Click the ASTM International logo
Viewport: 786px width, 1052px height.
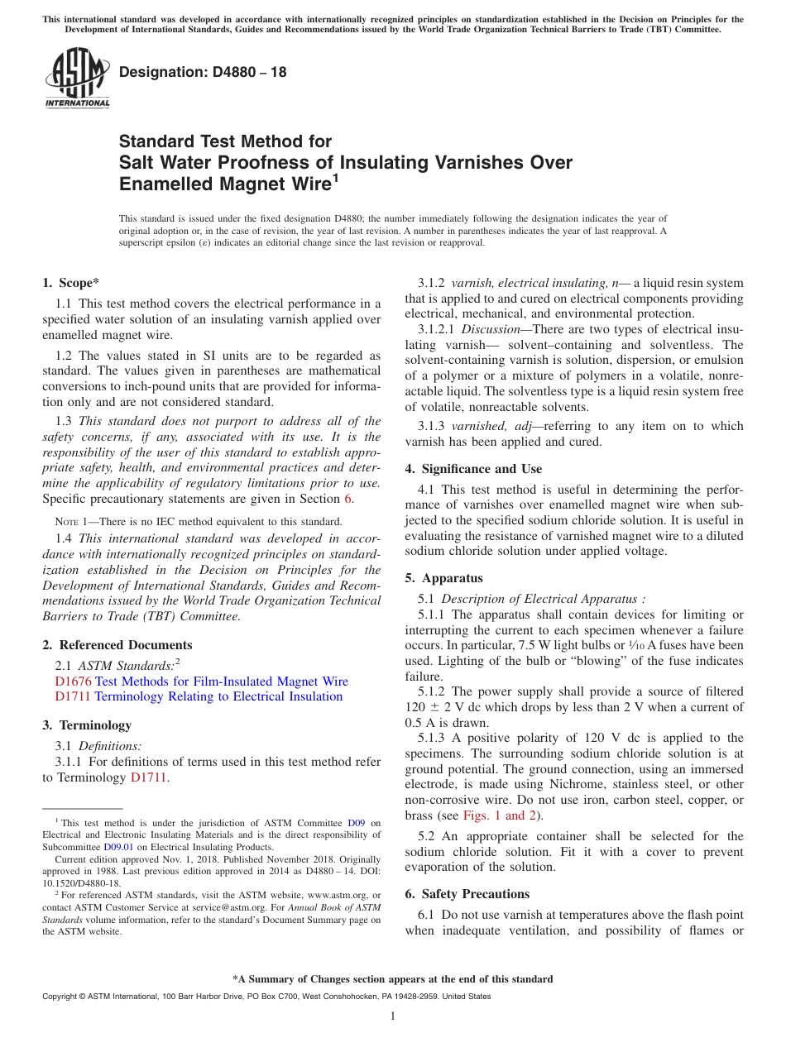pyautogui.click(x=77, y=78)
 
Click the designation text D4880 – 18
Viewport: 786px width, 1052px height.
pyautogui.click(x=203, y=72)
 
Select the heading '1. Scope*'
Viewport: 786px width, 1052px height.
pyautogui.click(x=70, y=283)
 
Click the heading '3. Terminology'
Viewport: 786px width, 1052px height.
pyautogui.click(x=87, y=725)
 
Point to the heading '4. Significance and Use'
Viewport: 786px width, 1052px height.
pyautogui.click(x=473, y=469)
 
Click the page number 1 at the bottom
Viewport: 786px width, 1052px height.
pyautogui.click(x=393, y=1016)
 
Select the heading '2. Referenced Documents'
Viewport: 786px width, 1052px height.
pyautogui.click(x=117, y=645)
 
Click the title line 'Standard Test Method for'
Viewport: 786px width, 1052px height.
pyautogui.click(x=225, y=141)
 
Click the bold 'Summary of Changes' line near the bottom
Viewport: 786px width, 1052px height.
pyautogui.click(x=392, y=979)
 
